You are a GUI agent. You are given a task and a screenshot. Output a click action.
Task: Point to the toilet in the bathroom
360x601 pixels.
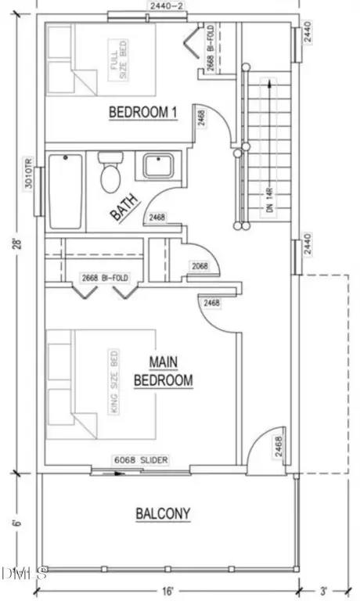point(110,172)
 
